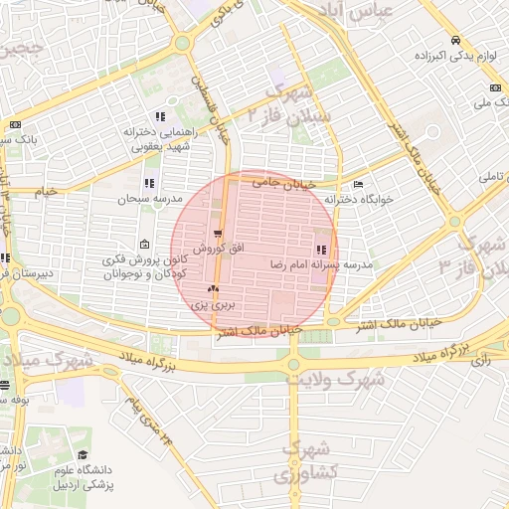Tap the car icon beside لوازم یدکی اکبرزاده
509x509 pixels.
coord(454,41)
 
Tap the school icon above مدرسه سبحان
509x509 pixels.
coord(149,184)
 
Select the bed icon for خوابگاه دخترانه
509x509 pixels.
coord(358,184)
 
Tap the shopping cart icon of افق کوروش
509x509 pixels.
coord(217,232)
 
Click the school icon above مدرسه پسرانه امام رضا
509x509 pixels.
coord(320,250)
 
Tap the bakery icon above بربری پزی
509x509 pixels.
coord(211,289)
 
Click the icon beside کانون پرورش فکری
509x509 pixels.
coord(145,245)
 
